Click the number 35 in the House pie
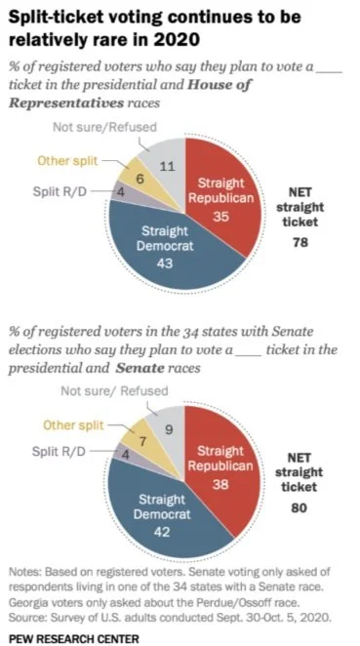220,216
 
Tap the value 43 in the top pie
164,262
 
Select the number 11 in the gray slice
168,167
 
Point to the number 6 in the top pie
140,180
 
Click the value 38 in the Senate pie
220,484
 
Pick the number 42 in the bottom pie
162,532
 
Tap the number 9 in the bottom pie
170,429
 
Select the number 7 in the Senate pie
143,442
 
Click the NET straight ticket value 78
300,242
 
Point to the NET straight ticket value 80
300,508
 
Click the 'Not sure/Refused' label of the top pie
104,127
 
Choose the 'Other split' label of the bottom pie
73,424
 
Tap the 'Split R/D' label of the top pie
60,191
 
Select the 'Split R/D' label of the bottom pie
59,451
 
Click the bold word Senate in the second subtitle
140,368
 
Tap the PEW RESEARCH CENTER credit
74,638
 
